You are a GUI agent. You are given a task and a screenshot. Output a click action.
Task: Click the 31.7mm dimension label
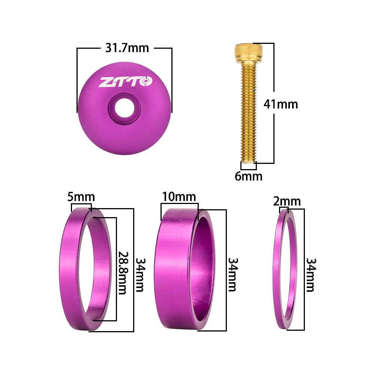[126, 48]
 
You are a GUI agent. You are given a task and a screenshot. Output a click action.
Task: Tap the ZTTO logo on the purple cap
[126, 81]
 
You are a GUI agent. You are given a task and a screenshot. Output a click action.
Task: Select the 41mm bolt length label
[281, 104]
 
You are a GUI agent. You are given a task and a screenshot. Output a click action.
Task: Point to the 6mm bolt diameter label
[249, 176]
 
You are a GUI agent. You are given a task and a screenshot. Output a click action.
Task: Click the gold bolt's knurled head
[249, 52]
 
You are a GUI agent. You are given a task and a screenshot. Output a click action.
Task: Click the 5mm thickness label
[81, 197]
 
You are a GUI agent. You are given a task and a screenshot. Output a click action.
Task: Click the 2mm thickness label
[287, 202]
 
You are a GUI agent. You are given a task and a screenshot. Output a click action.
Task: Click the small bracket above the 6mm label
[248, 165]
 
